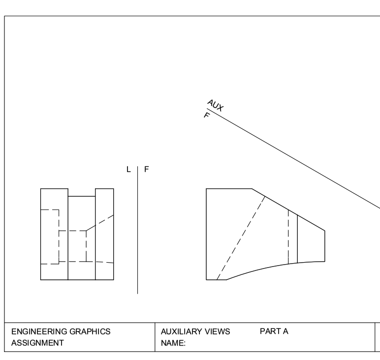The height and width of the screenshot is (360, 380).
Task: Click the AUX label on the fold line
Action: pyautogui.click(x=215, y=105)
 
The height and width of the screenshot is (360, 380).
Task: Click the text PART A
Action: pyautogui.click(x=274, y=331)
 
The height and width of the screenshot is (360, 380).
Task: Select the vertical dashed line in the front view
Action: pyautogui.click(x=288, y=236)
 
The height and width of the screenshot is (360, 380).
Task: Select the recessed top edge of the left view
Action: pyautogui.click(x=81, y=196)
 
